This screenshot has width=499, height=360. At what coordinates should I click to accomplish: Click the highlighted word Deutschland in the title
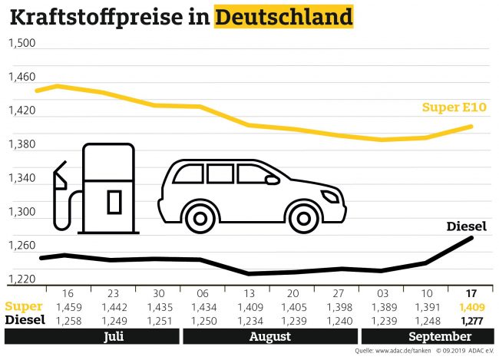click(x=284, y=17)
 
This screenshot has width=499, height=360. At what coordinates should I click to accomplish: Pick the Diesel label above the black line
click(x=467, y=226)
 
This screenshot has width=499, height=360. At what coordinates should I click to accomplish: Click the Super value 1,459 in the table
click(x=66, y=307)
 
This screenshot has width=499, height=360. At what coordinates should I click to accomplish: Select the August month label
click(x=269, y=337)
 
